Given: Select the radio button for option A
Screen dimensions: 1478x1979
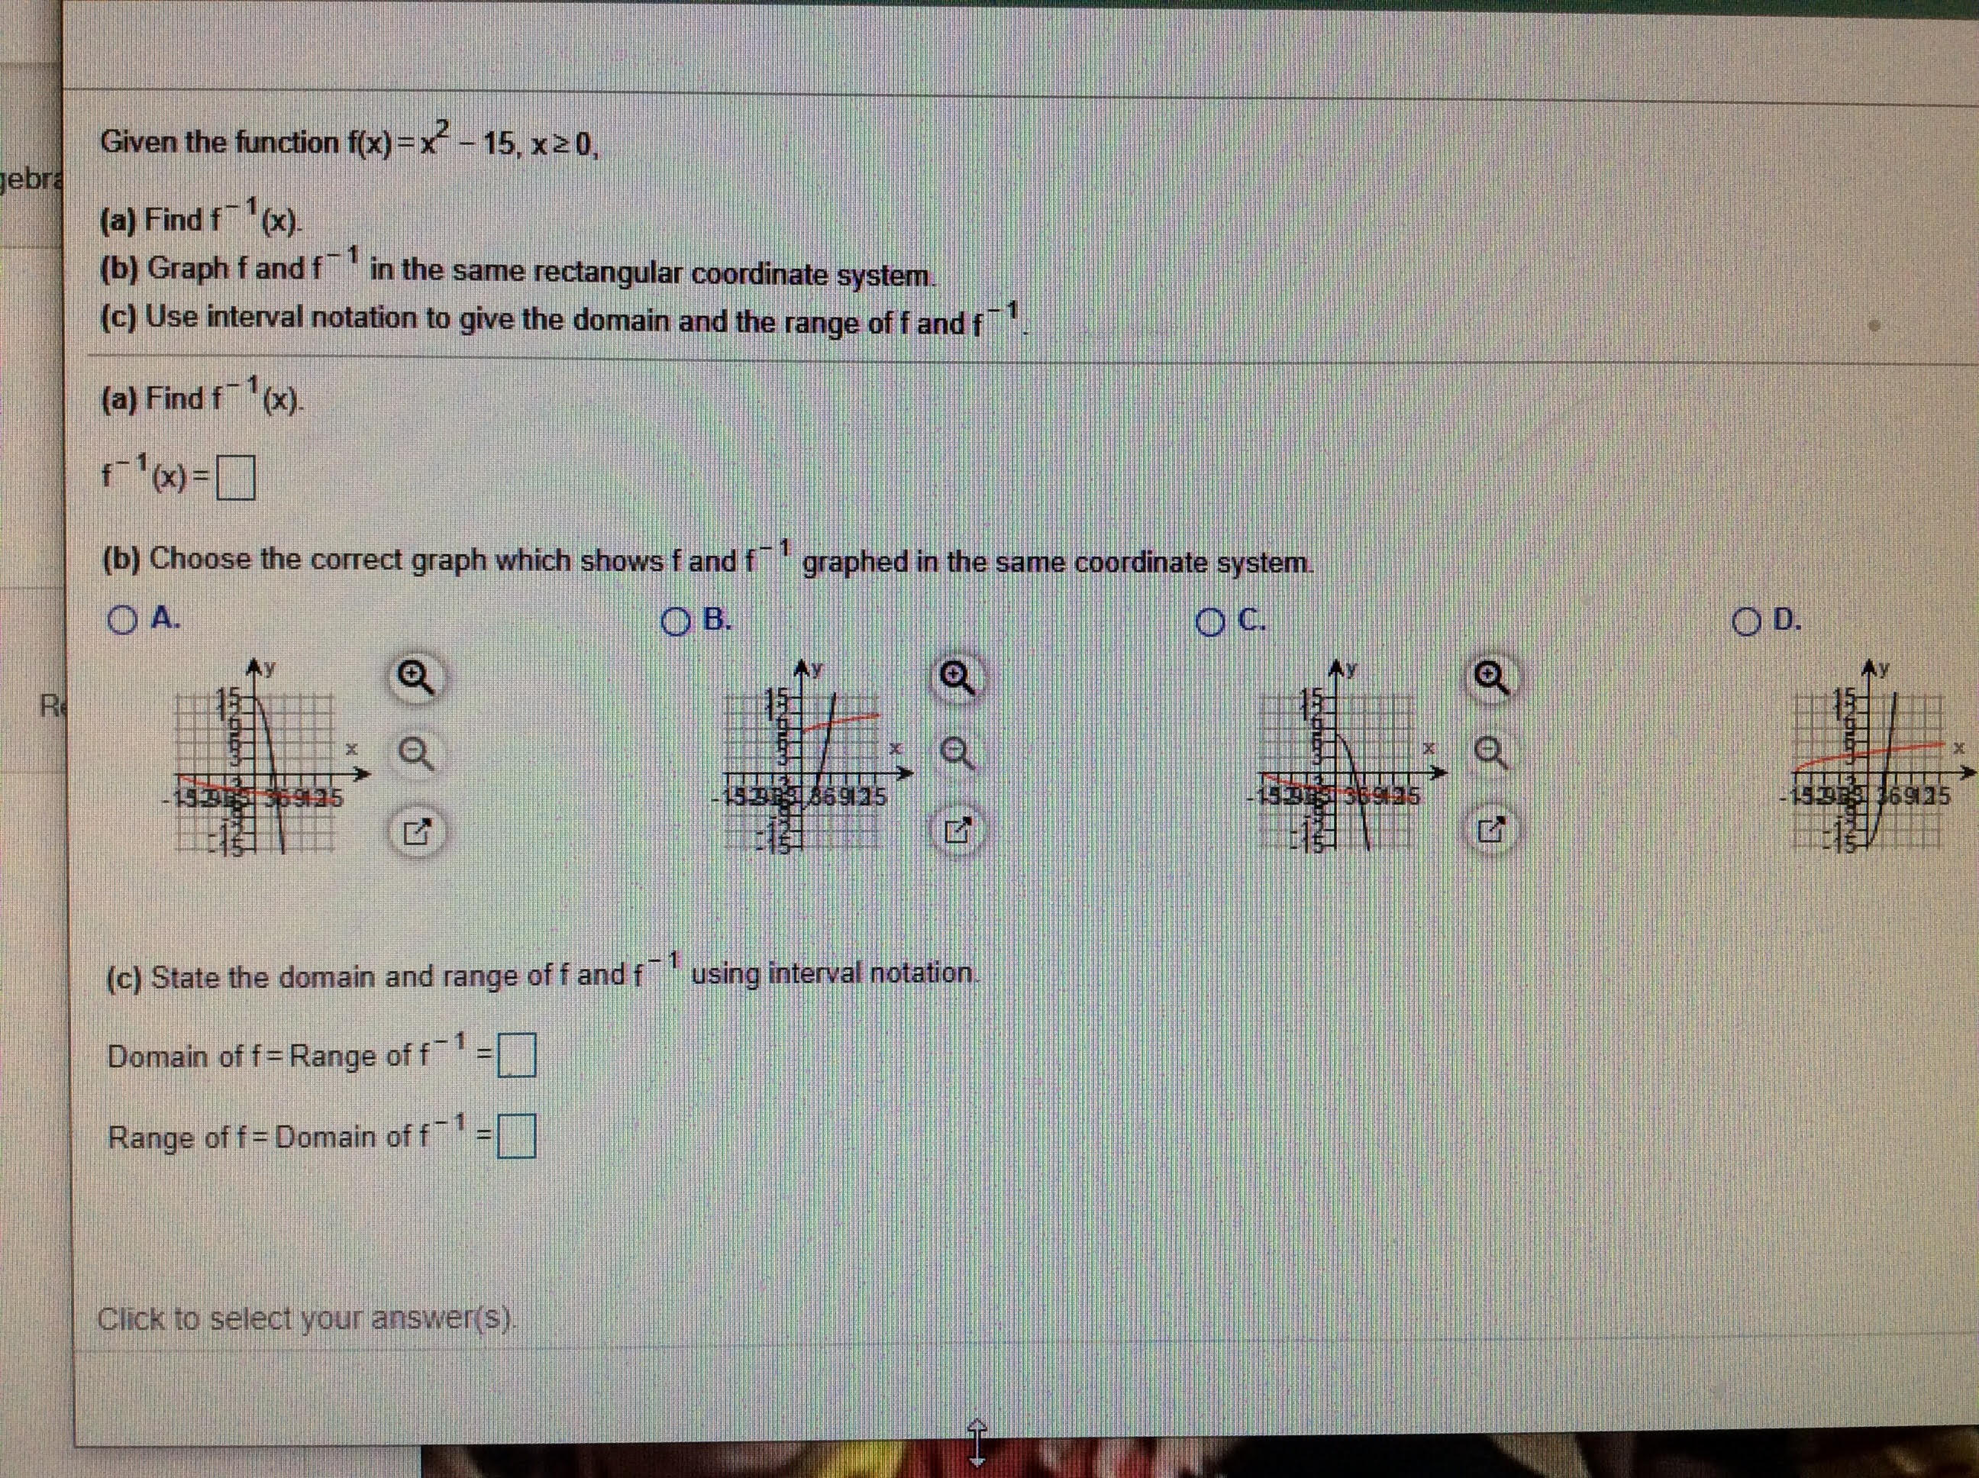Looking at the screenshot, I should coord(121,620).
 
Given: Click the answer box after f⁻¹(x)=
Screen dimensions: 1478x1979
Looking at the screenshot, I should coord(235,479).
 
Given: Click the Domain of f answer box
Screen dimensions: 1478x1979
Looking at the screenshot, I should coord(516,1056).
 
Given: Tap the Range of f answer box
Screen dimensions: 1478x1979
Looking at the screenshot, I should coord(516,1136).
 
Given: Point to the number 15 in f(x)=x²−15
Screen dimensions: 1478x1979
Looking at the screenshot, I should coord(496,144).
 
